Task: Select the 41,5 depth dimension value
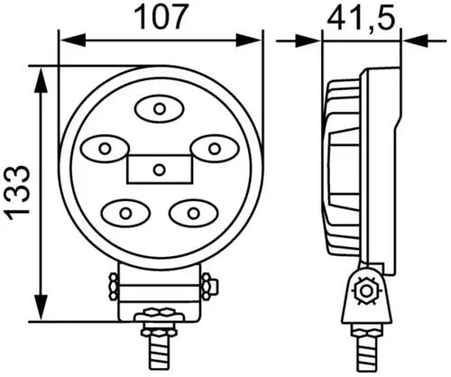[x=361, y=19]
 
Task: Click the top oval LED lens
[x=160, y=109]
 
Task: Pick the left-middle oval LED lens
[x=105, y=149]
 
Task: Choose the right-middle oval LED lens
[x=214, y=149]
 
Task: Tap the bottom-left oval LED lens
[x=125, y=213]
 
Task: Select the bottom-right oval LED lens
[x=193, y=213]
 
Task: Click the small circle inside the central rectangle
[x=159, y=170]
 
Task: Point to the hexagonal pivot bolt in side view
[x=366, y=290]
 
